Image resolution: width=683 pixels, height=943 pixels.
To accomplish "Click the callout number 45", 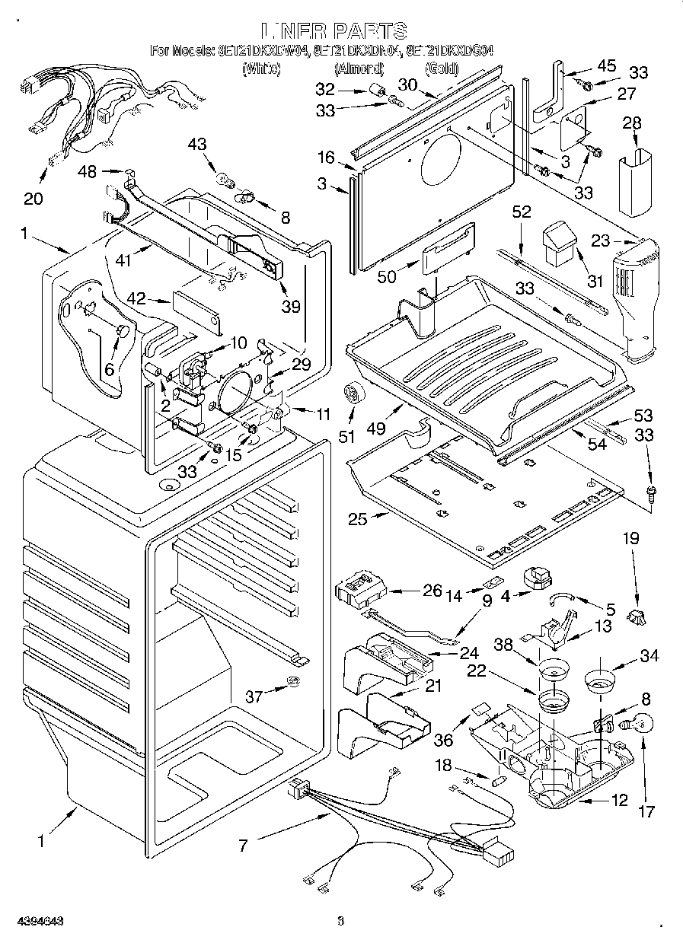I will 607,66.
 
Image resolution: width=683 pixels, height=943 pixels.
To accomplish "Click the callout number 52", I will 521,214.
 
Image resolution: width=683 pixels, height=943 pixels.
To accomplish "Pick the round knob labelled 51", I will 353,393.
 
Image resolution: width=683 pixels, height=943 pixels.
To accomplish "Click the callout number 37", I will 257,696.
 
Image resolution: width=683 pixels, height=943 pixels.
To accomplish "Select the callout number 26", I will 411,590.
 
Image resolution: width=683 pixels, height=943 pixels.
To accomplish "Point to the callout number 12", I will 620,800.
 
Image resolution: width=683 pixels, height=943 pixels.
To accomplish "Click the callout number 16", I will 326,158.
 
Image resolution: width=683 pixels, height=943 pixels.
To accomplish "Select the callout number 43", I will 197,143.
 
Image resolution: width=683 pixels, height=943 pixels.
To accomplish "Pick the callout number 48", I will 88,172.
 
